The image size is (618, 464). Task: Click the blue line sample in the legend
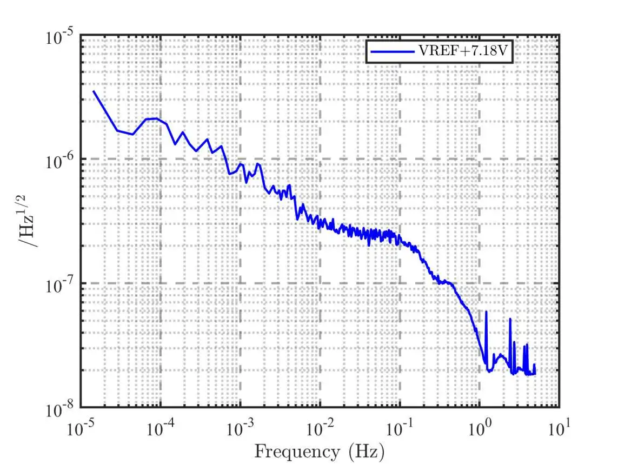(391, 53)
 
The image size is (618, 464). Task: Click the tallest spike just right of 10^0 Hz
(486, 312)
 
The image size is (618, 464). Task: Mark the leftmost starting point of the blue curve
(94, 91)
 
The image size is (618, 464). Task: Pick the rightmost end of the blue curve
(535, 373)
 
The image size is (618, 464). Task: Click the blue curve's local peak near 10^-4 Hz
(156, 118)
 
